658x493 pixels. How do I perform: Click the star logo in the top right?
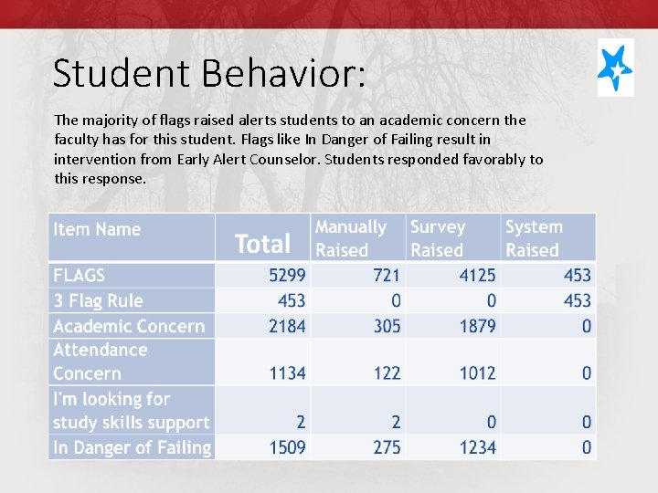pyautogui.click(x=615, y=68)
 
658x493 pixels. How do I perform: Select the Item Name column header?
pyautogui.click(x=97, y=229)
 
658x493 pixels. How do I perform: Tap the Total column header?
pyautogui.click(x=262, y=244)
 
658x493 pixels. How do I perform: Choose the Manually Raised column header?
pyautogui.click(x=351, y=237)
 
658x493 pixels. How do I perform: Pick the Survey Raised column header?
pyautogui.click(x=438, y=237)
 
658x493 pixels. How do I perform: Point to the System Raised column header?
pyautogui.click(x=534, y=237)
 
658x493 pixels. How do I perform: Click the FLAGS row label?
pyautogui.click(x=80, y=275)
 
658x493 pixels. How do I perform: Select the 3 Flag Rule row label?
pyautogui.click(x=98, y=300)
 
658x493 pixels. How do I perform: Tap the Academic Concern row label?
pyautogui.click(x=129, y=326)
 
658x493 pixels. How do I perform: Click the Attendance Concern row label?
pyautogui.click(x=100, y=362)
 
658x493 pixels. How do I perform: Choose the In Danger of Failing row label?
pyautogui.click(x=132, y=447)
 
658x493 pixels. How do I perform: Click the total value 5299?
pyautogui.click(x=287, y=275)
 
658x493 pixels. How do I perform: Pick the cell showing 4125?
pyautogui.click(x=477, y=275)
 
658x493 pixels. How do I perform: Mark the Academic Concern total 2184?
pyautogui.click(x=287, y=326)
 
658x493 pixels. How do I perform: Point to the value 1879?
pyautogui.click(x=477, y=326)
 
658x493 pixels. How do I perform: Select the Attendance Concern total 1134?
pyautogui.click(x=287, y=372)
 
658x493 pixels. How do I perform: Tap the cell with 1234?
pyautogui.click(x=477, y=447)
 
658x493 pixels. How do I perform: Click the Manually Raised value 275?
pyautogui.click(x=387, y=447)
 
